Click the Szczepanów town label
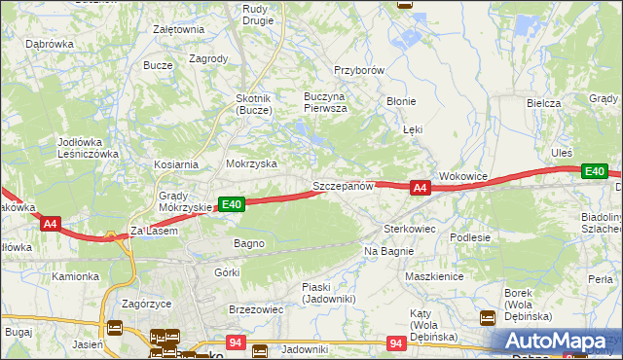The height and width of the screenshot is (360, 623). click(343, 185)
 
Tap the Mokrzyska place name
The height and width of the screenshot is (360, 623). click(251, 164)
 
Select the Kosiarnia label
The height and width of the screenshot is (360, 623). click(174, 164)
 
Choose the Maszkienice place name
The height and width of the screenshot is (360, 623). click(433, 275)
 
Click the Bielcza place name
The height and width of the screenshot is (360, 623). click(543, 102)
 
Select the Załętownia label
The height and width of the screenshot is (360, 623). click(178, 29)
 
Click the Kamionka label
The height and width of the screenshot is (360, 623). click(76, 276)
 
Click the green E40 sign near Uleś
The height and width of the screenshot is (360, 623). click(595, 171)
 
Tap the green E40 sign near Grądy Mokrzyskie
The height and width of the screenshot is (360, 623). click(231, 204)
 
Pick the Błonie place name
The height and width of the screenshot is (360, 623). click(401, 100)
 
